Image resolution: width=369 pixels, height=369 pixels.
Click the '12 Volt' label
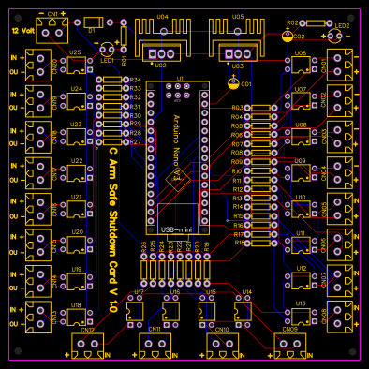(22, 31)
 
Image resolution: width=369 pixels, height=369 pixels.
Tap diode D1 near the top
(92, 22)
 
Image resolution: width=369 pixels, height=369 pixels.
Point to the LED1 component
(109, 49)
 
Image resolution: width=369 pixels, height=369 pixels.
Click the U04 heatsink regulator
(161, 36)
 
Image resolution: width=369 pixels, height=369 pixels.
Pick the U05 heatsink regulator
(237, 36)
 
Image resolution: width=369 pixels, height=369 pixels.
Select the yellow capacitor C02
(286, 37)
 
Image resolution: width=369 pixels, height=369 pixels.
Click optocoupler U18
(74, 317)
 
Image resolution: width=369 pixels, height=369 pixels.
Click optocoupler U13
(300, 317)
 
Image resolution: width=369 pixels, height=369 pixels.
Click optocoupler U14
(245, 307)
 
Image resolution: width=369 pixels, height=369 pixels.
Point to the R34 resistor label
(136, 81)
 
